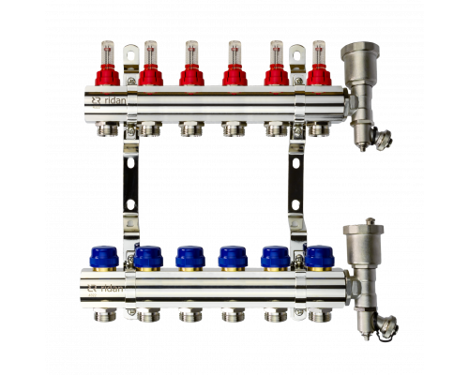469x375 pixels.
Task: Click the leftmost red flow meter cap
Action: tap(107, 75)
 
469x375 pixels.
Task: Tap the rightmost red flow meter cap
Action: tap(319, 75)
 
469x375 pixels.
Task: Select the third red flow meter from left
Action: tap(191, 63)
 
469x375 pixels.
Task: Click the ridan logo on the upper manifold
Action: tap(109, 100)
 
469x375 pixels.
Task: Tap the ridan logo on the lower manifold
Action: tap(105, 288)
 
